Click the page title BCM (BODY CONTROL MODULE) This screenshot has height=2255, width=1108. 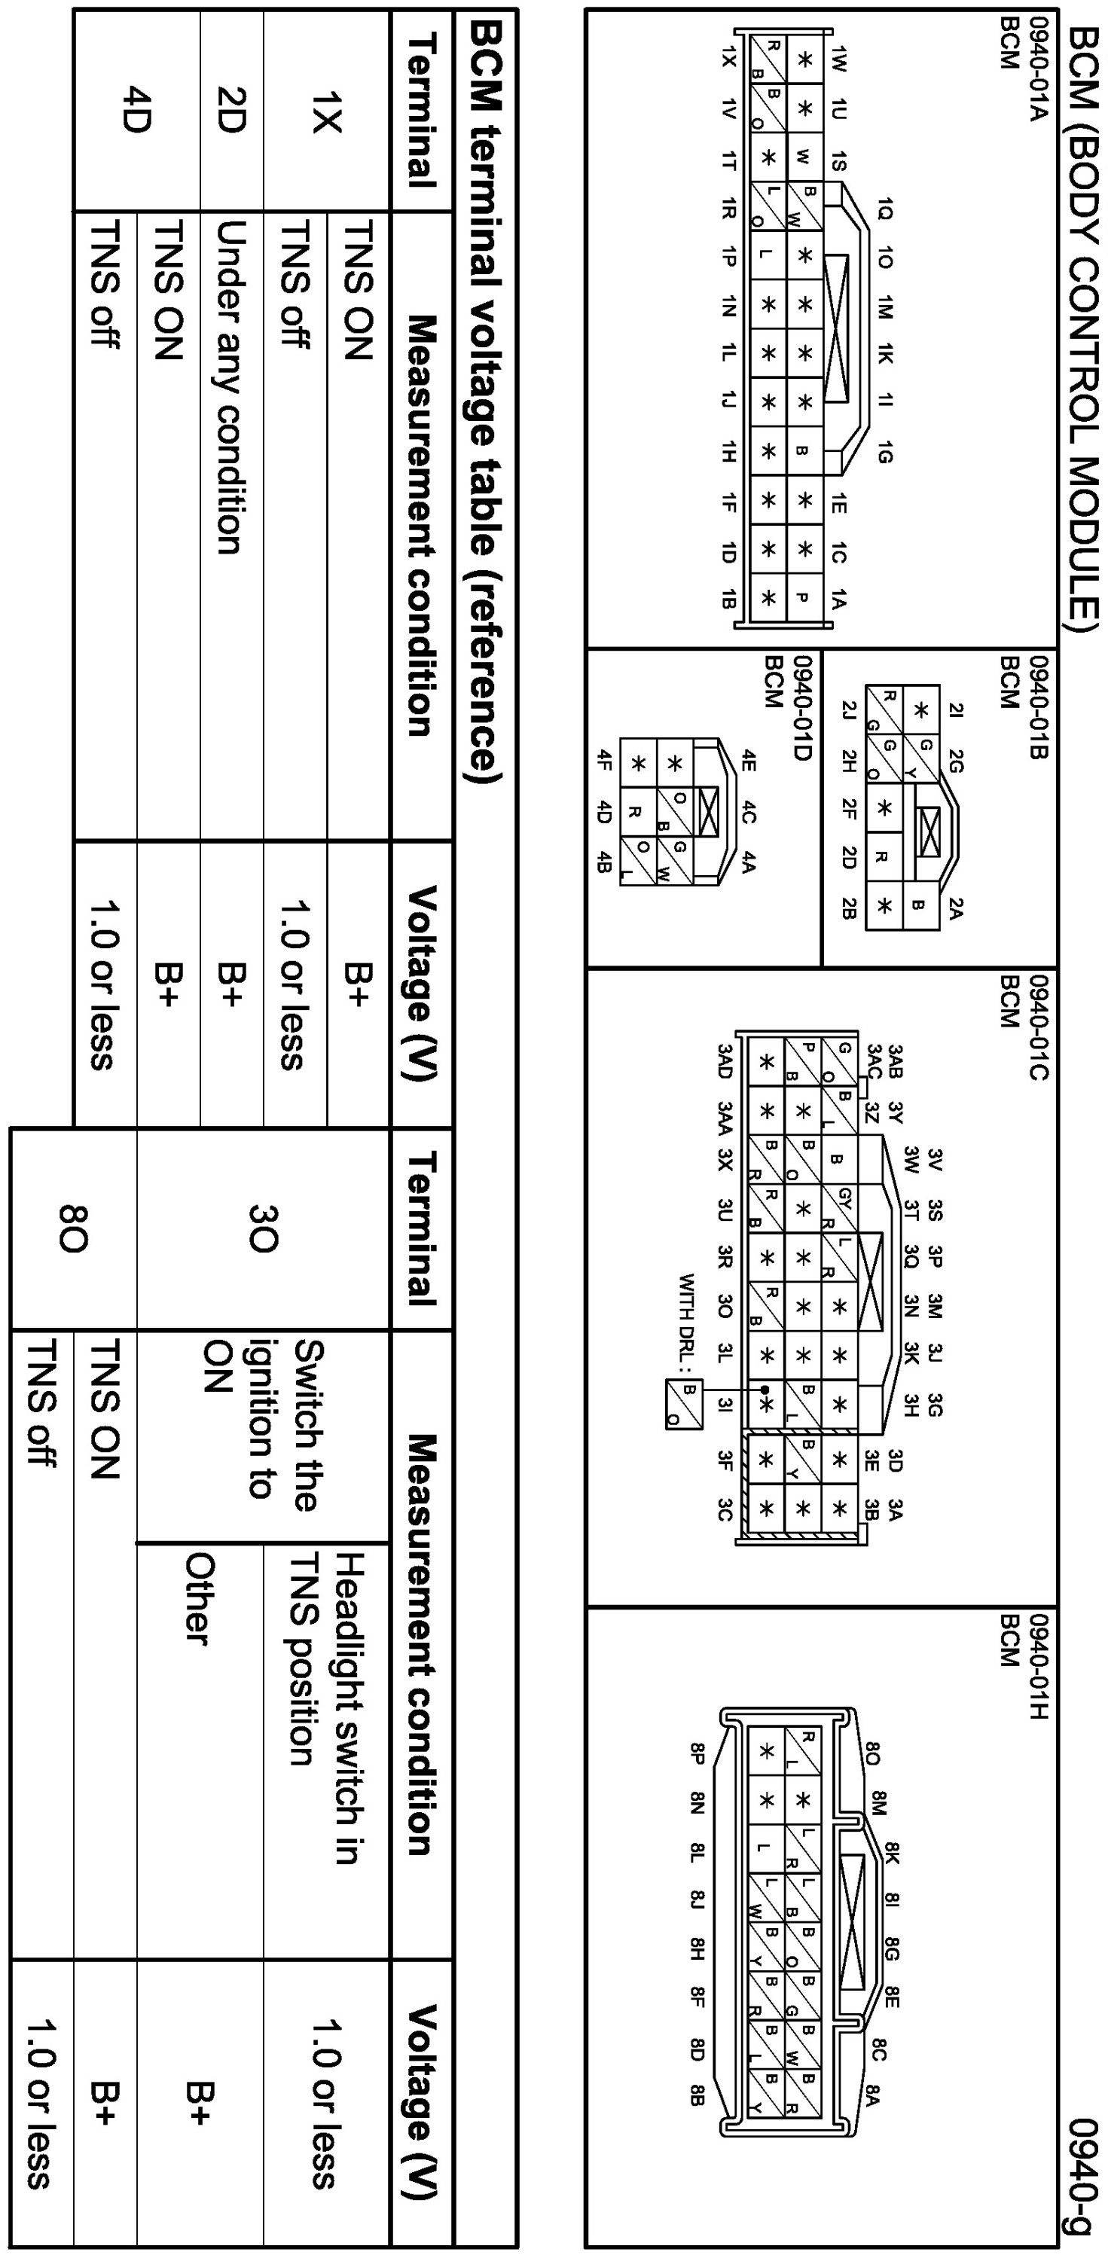1083,328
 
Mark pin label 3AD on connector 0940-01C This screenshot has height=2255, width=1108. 725,1061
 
